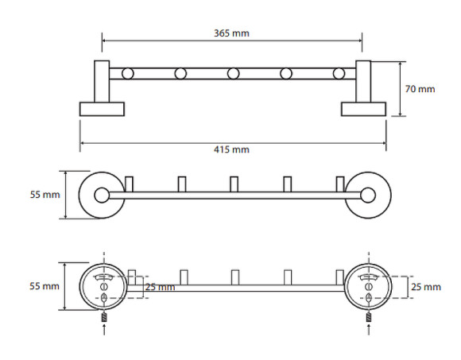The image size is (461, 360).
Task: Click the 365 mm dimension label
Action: coord(231,33)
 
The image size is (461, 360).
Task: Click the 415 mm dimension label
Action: coord(231,149)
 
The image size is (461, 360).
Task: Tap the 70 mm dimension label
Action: coord(420,89)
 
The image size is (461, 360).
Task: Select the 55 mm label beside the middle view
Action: coord(45,195)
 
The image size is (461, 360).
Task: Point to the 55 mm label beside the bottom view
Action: coord(45,286)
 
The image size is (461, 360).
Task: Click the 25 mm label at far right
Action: coord(426,287)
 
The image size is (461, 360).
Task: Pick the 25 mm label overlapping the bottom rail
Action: coord(161,287)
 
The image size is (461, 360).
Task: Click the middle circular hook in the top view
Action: coord(233,74)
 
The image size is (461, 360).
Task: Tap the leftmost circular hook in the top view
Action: coord(128,74)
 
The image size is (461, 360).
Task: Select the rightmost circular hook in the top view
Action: coord(339,74)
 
